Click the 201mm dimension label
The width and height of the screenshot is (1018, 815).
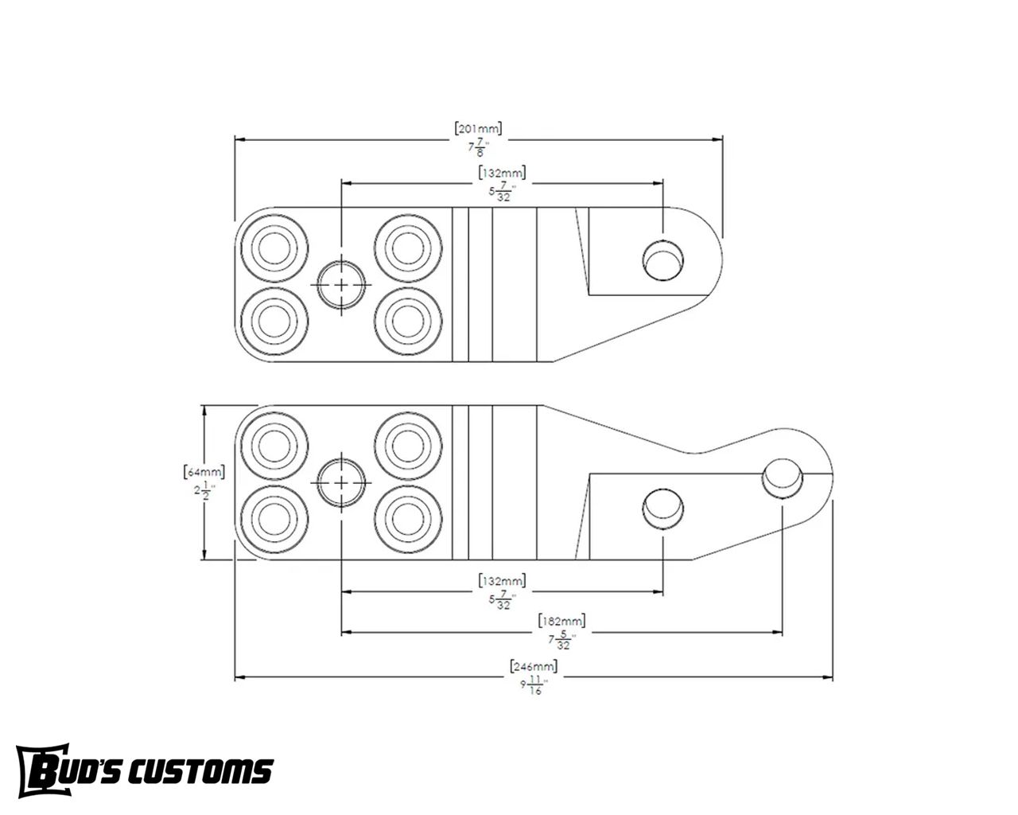click(478, 128)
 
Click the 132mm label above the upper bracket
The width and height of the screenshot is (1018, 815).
click(502, 172)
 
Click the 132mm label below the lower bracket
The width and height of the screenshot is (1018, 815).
click(502, 579)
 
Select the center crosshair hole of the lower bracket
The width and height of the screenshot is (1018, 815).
click(342, 483)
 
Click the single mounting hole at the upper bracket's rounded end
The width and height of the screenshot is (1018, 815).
click(662, 259)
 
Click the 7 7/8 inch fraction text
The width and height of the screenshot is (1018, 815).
click(478, 147)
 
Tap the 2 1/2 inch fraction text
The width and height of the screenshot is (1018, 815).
click(204, 492)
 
